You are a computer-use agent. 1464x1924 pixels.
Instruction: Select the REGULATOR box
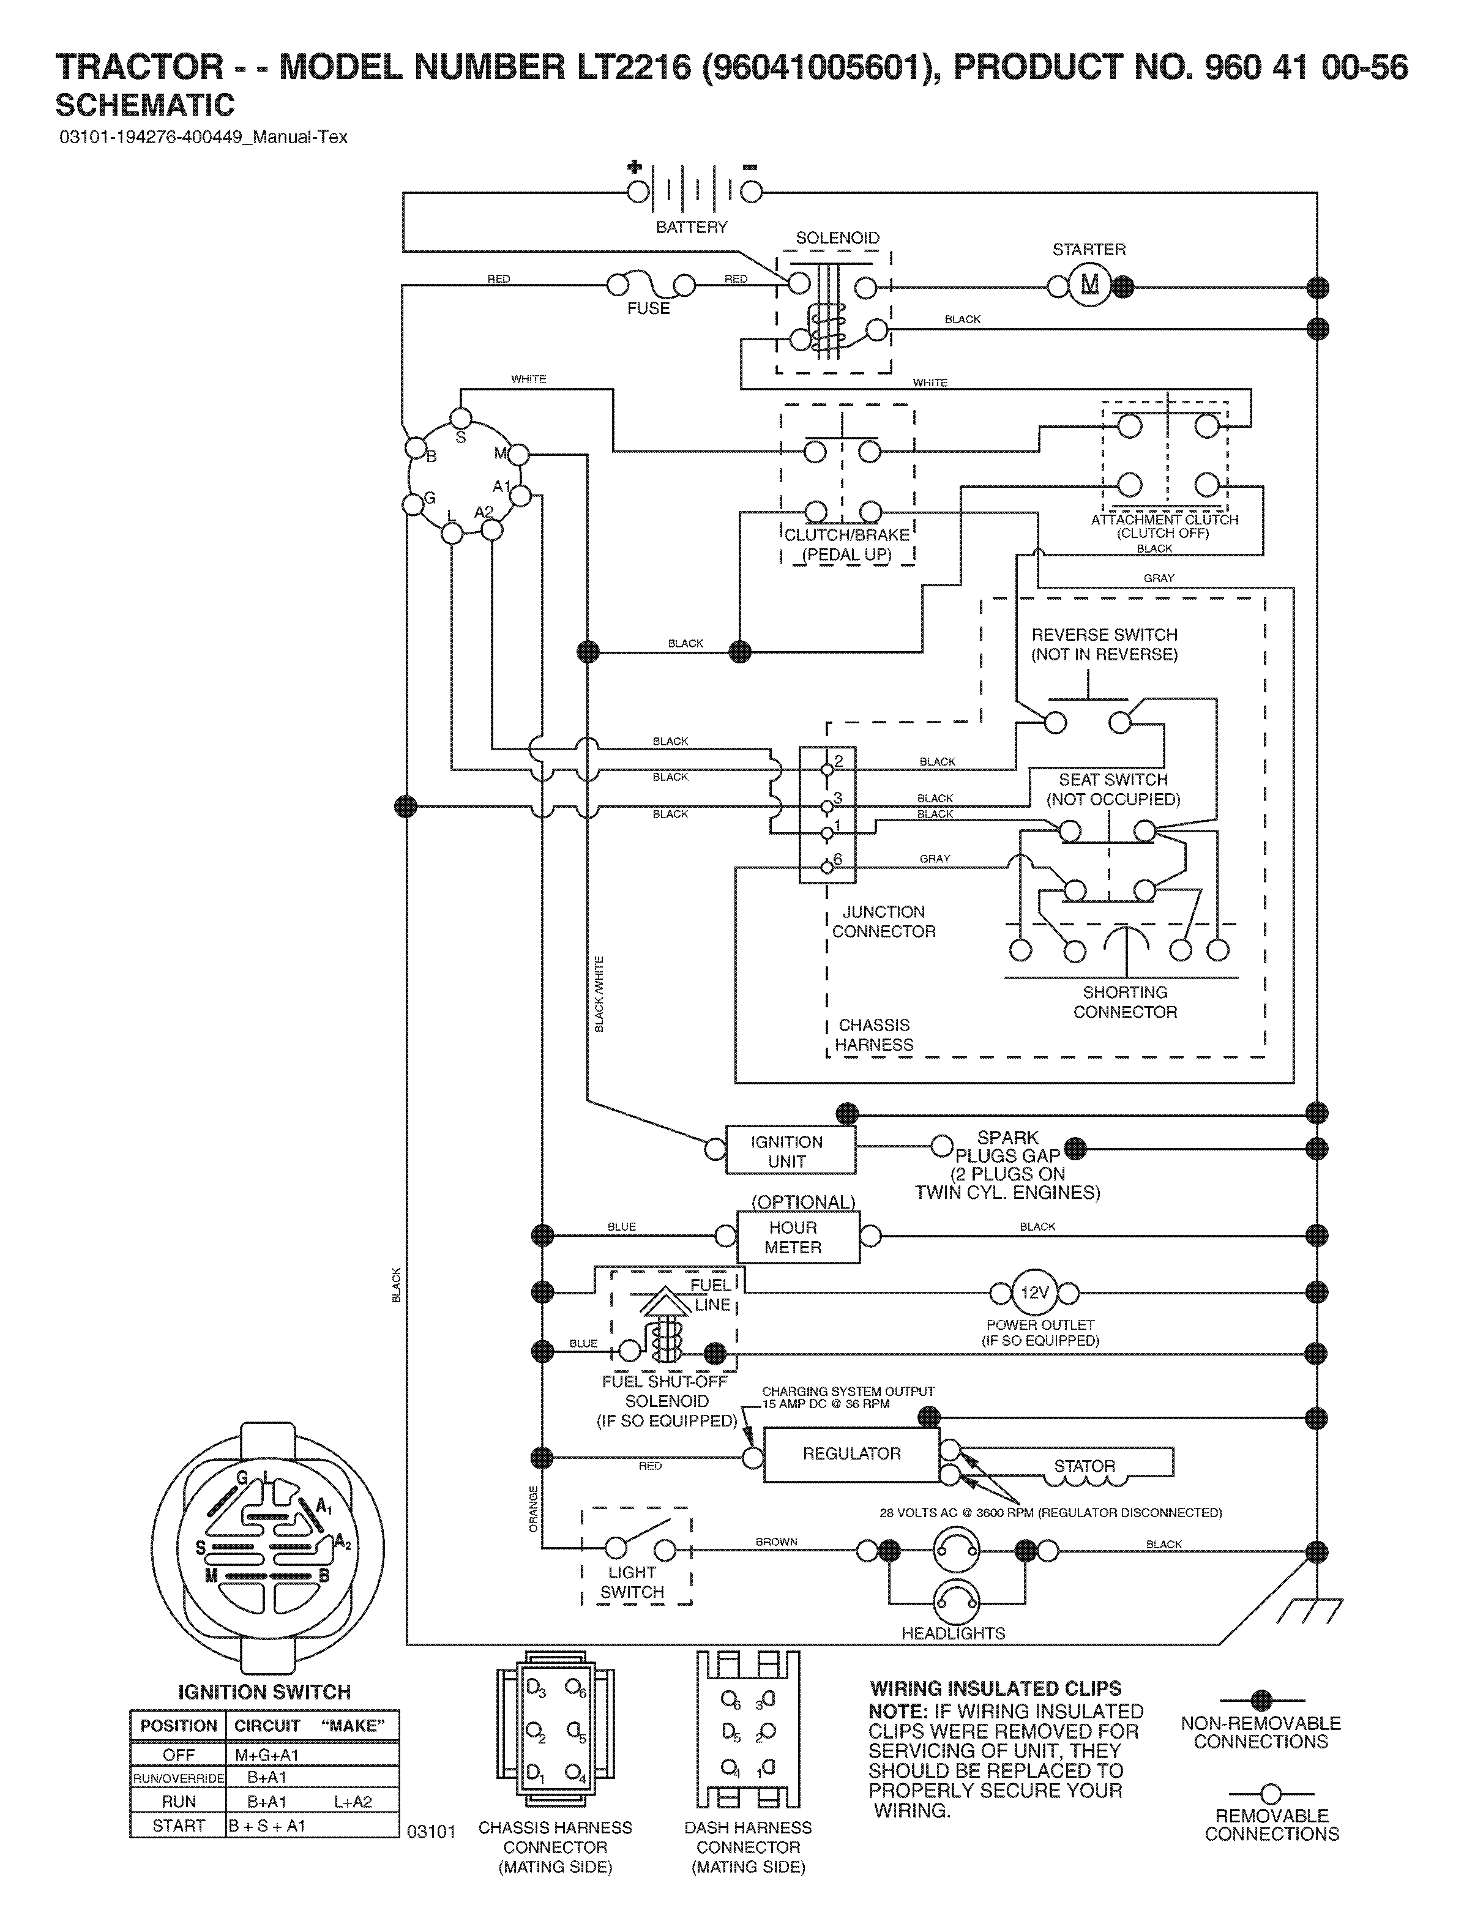851,1455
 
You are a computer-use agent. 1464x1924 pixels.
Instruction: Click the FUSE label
648,308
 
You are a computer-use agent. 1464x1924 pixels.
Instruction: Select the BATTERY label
691,228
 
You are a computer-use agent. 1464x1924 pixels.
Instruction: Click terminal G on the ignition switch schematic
411,504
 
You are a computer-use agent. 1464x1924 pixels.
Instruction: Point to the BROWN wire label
777,1542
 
